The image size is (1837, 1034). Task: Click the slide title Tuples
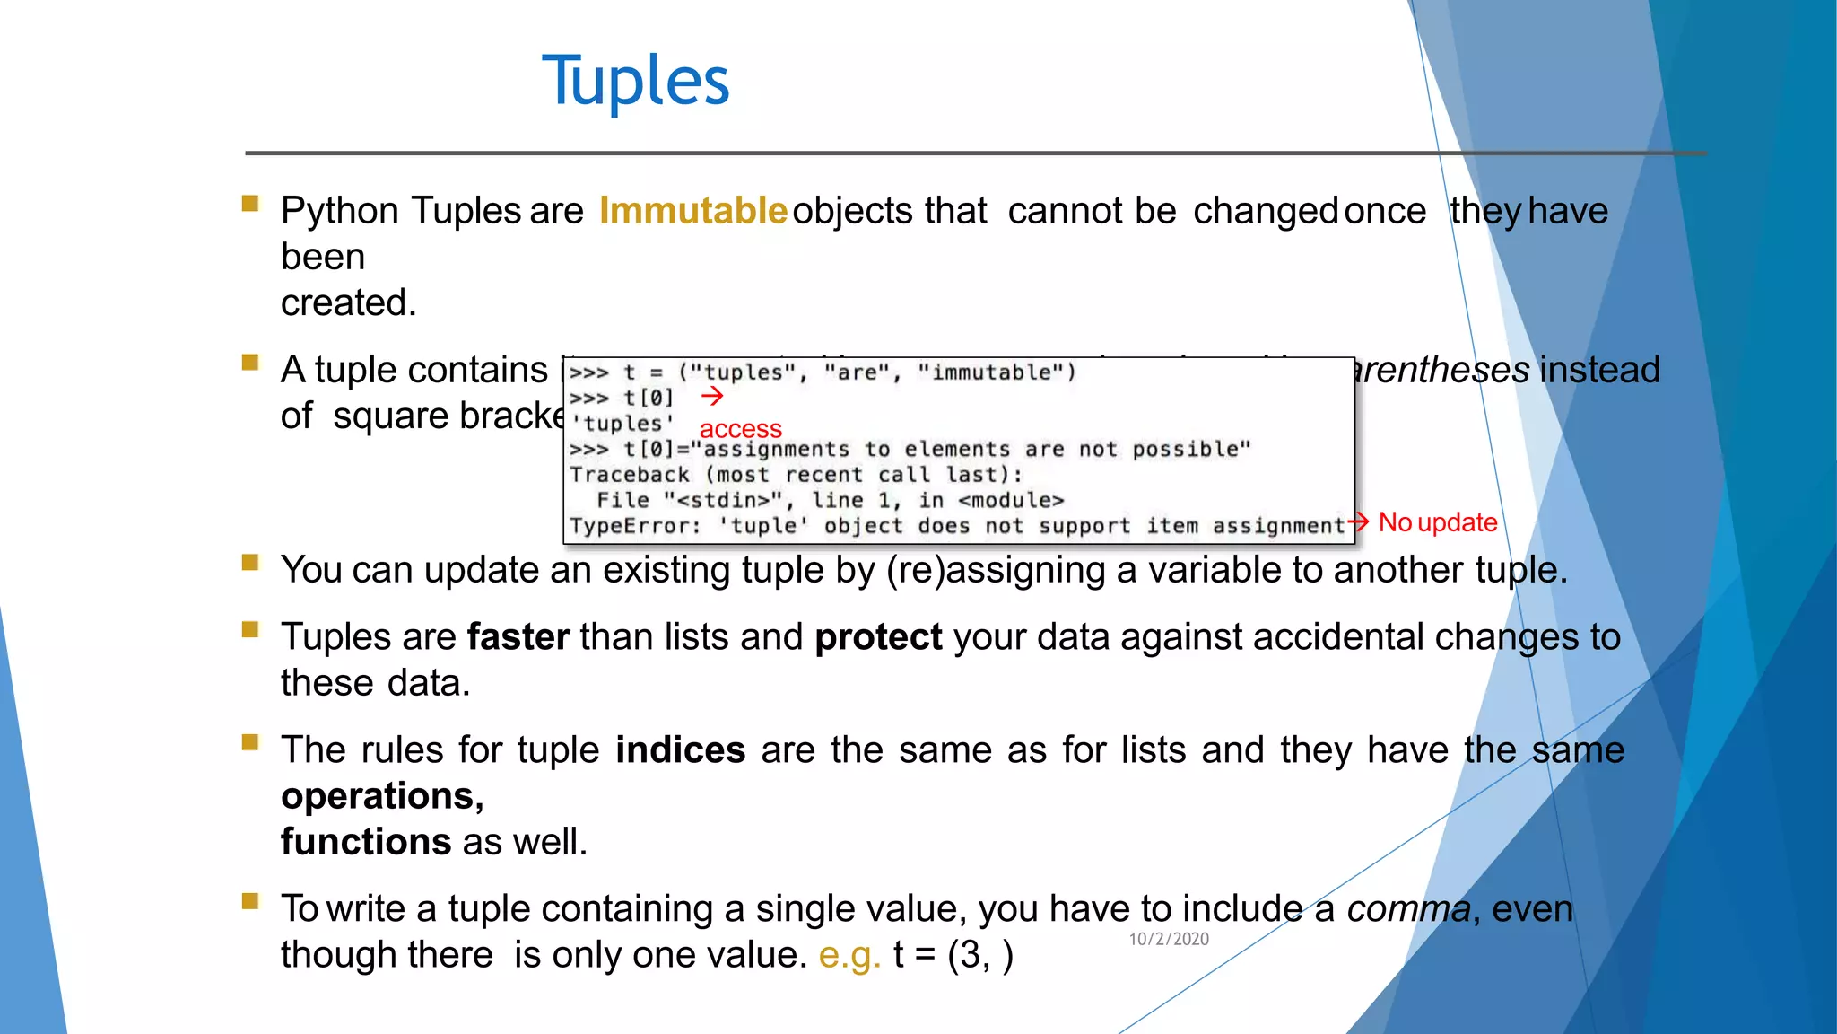tap(635, 82)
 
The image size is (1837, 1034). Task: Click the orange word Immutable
tap(692, 211)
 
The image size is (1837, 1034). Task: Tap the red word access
tap(740, 429)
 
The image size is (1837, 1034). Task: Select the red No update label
tap(1437, 522)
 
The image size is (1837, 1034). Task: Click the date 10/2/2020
tap(1169, 939)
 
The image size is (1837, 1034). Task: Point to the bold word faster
tap(518, 637)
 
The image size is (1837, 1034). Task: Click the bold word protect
tap(878, 637)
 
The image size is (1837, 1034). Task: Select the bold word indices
tap(680, 750)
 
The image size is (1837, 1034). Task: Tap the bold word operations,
tap(382, 796)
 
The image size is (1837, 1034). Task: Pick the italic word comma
tap(1408, 909)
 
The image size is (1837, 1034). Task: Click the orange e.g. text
tap(849, 955)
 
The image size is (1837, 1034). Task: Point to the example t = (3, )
tap(953, 955)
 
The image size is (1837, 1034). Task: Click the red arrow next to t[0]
tap(712, 396)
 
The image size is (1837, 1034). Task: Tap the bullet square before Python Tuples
tap(250, 204)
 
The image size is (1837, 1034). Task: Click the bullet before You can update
tap(250, 563)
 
